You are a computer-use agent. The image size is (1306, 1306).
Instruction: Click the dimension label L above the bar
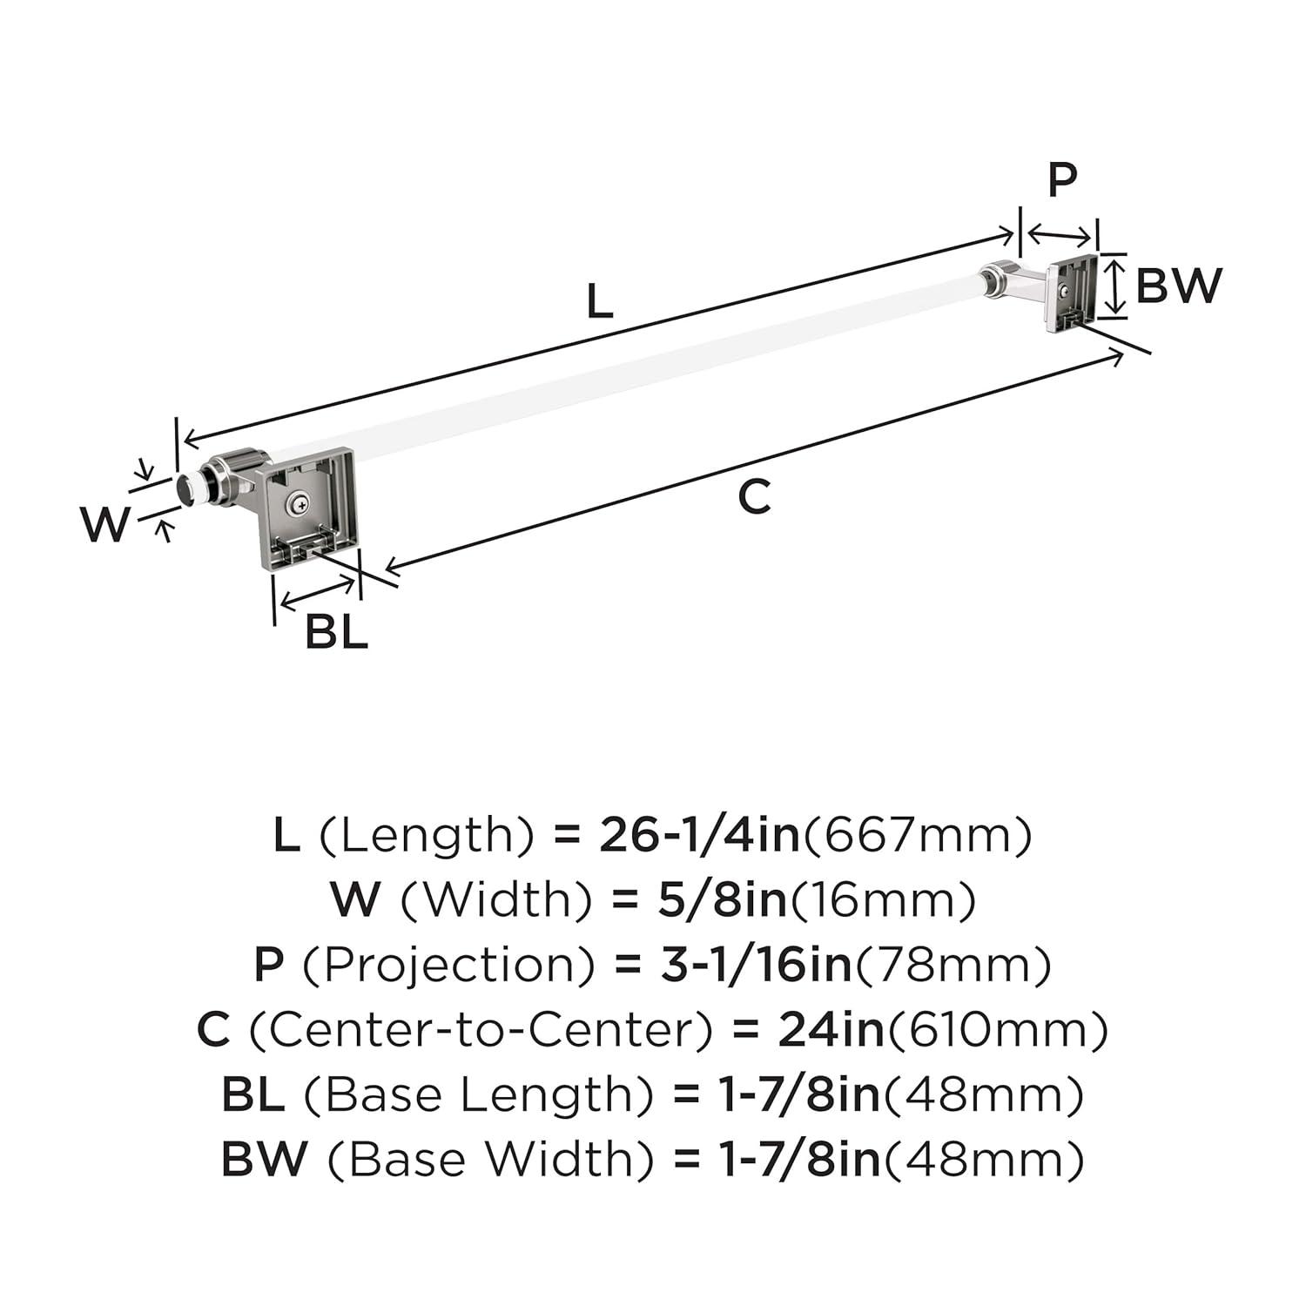pyautogui.click(x=600, y=302)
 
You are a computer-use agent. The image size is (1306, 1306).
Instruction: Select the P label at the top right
pyautogui.click(x=1061, y=179)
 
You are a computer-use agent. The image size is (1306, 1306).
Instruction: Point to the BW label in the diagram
pyautogui.click(x=1179, y=286)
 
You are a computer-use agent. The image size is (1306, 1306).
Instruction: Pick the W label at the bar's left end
pyautogui.click(x=105, y=525)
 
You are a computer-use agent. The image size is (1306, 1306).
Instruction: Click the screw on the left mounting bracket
pyautogui.click(x=300, y=502)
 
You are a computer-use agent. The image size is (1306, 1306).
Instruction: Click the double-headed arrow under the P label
pyautogui.click(x=1060, y=235)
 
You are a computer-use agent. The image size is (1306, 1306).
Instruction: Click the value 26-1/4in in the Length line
pyautogui.click(x=699, y=835)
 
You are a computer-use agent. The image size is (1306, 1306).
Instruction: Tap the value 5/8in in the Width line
pyautogui.click(x=722, y=899)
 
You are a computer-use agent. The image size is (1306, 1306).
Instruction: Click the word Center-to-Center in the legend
pyautogui.click(x=481, y=1030)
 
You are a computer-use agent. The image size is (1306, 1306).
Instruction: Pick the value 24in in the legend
pyautogui.click(x=831, y=1030)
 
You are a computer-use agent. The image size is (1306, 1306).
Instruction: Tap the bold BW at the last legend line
pyautogui.click(x=264, y=1159)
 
